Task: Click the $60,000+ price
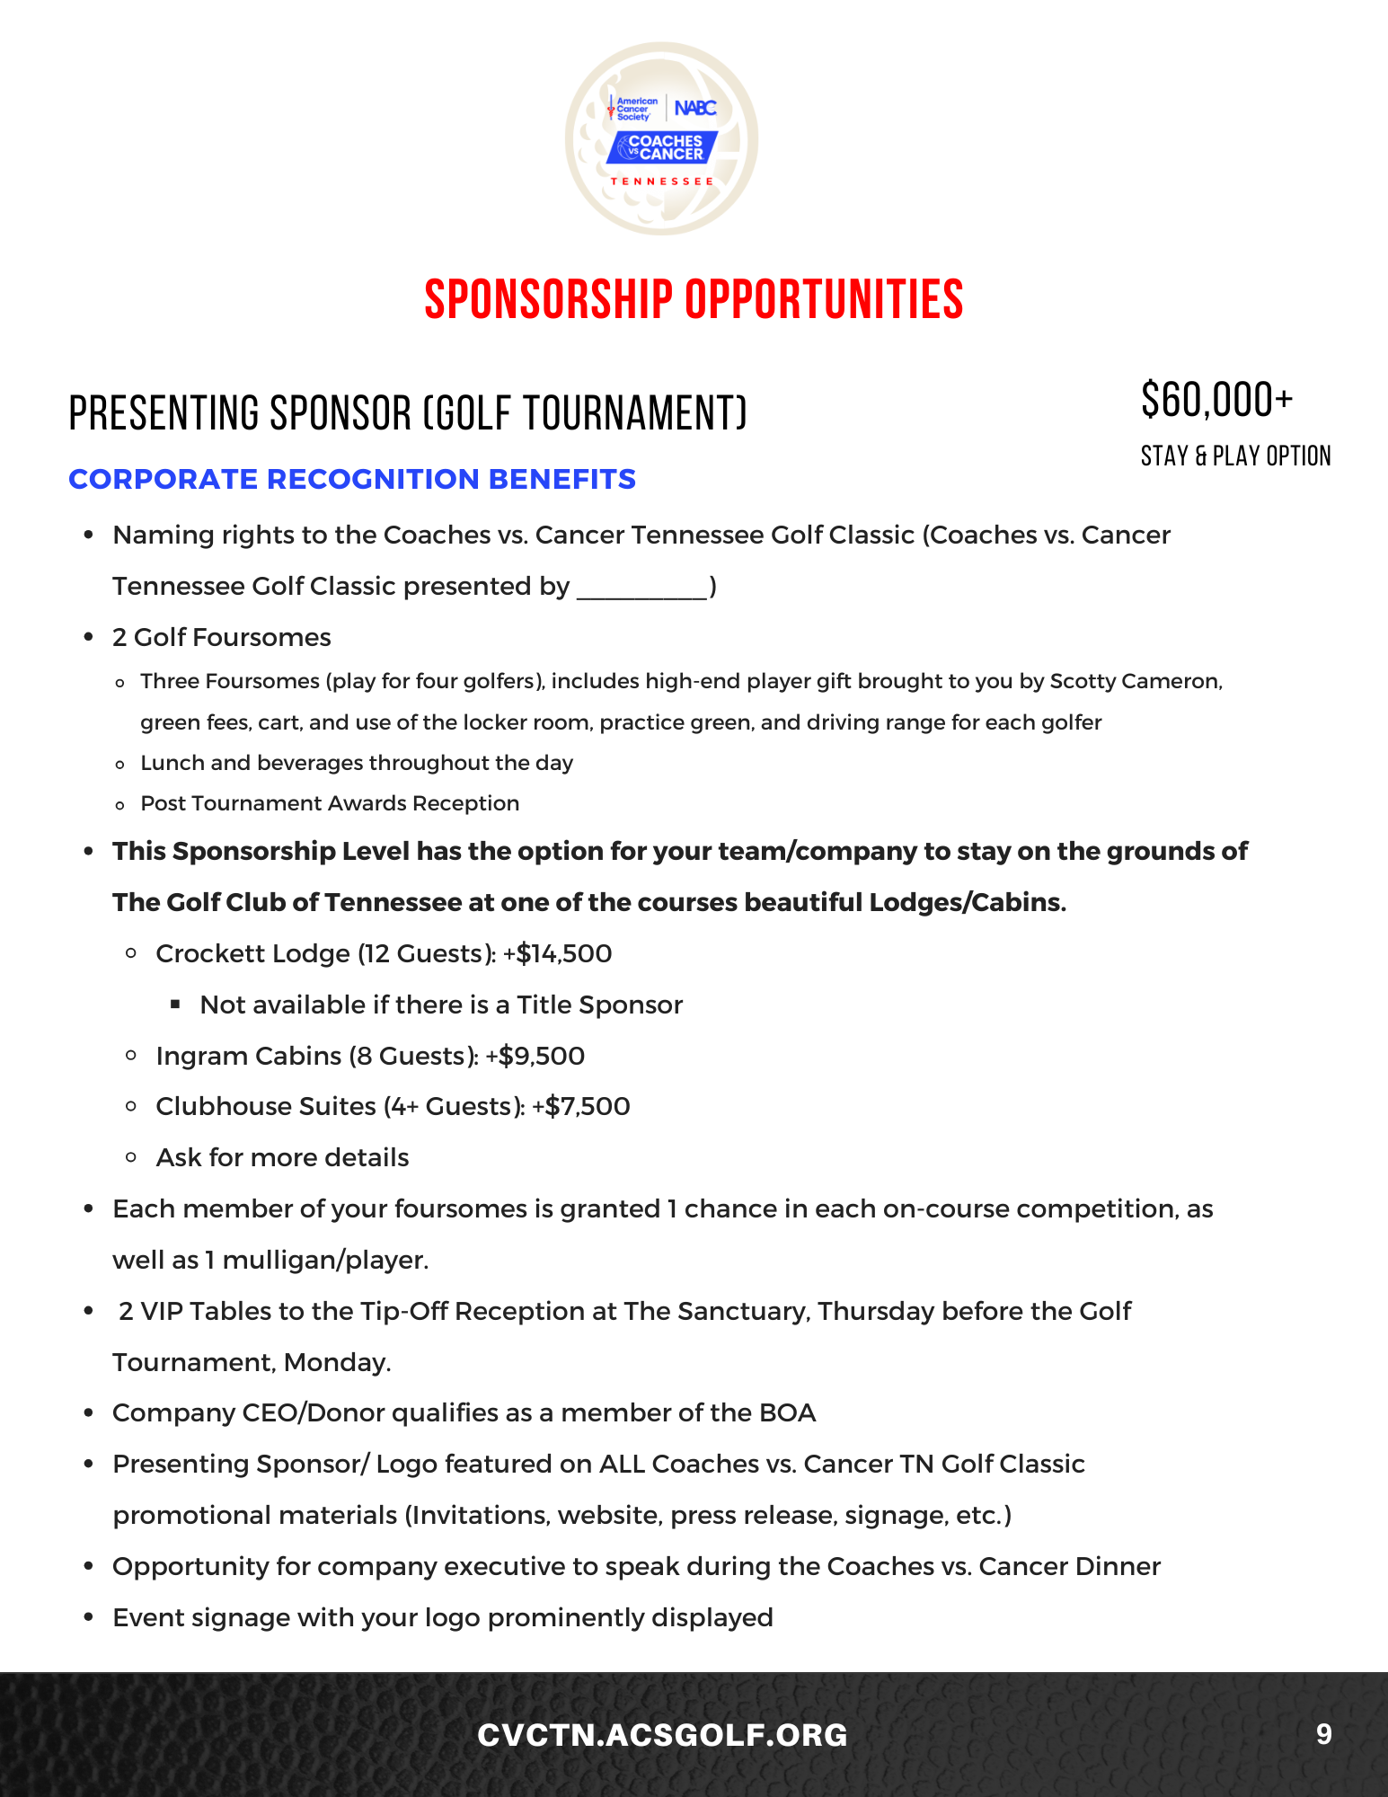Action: coord(1216,400)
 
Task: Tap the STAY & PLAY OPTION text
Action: coord(1235,456)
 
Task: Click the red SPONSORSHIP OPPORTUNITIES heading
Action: coord(694,299)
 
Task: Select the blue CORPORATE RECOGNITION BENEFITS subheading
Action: coord(352,479)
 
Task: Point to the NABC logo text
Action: coord(695,108)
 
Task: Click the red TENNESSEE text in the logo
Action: coord(662,181)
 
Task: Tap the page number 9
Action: coord(1323,1733)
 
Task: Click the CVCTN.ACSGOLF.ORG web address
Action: coord(662,1735)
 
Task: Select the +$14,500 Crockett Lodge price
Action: coord(558,953)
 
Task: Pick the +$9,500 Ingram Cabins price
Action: coord(535,1056)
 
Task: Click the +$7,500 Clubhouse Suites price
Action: coord(581,1106)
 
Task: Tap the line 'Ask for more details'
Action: coord(282,1157)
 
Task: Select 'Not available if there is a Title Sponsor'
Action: coord(441,1005)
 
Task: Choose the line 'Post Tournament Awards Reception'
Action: coord(330,803)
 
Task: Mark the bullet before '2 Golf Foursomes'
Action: coord(88,637)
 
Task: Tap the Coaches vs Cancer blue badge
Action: coord(662,147)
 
